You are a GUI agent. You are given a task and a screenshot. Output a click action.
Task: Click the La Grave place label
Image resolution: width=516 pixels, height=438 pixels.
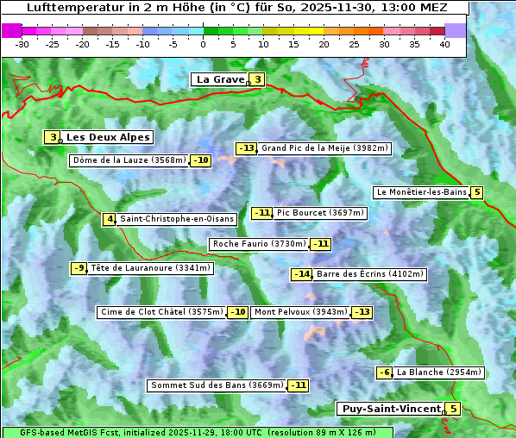pyautogui.click(x=220, y=79)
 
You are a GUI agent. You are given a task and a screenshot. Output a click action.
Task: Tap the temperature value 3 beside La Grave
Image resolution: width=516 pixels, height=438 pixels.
pyautogui.click(x=257, y=80)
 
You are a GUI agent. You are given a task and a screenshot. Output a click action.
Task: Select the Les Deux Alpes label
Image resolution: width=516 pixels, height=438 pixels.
pyautogui.click(x=109, y=137)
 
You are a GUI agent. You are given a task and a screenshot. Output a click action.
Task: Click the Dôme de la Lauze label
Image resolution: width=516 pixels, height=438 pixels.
pyautogui.click(x=129, y=160)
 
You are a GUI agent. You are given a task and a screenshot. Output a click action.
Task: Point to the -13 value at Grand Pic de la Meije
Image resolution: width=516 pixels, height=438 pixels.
pyautogui.click(x=247, y=148)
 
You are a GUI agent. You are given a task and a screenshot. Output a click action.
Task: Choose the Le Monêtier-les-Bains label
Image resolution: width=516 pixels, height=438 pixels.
pyautogui.click(x=421, y=192)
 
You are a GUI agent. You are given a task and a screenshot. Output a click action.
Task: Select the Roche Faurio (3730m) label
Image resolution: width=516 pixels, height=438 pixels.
pyautogui.click(x=259, y=244)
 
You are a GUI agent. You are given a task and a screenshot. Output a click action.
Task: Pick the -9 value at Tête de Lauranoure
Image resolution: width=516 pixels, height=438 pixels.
pyautogui.click(x=79, y=268)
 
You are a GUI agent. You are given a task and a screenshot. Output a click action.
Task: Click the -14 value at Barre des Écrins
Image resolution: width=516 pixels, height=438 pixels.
pyautogui.click(x=302, y=274)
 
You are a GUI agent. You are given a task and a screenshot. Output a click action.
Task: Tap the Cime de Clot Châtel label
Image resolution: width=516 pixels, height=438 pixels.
pyautogui.click(x=161, y=312)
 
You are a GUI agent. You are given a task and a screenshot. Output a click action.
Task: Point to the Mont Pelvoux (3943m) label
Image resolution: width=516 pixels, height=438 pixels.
pyautogui.click(x=300, y=312)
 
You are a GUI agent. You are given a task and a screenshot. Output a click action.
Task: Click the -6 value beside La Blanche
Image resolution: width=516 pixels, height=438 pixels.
pyautogui.click(x=385, y=372)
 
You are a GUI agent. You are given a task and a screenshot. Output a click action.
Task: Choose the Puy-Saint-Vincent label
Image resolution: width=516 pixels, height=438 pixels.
pyautogui.click(x=391, y=409)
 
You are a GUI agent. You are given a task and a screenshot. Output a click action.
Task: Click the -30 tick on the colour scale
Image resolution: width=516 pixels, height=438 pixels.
pyautogui.click(x=22, y=44)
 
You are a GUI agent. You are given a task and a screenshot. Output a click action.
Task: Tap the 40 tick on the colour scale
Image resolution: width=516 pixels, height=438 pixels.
pyautogui.click(x=444, y=44)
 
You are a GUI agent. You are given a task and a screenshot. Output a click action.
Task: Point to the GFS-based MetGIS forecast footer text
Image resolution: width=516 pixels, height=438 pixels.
pyautogui.click(x=198, y=432)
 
